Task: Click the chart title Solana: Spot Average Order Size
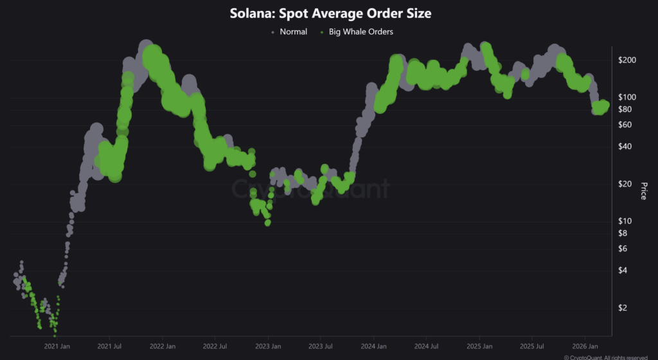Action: (329, 14)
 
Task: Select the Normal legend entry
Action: (293, 32)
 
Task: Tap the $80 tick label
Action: (626, 109)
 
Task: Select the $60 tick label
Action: (626, 124)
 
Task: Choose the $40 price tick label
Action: (626, 146)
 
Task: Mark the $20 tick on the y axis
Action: (626, 183)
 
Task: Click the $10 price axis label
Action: (626, 221)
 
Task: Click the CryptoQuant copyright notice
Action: (610, 357)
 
